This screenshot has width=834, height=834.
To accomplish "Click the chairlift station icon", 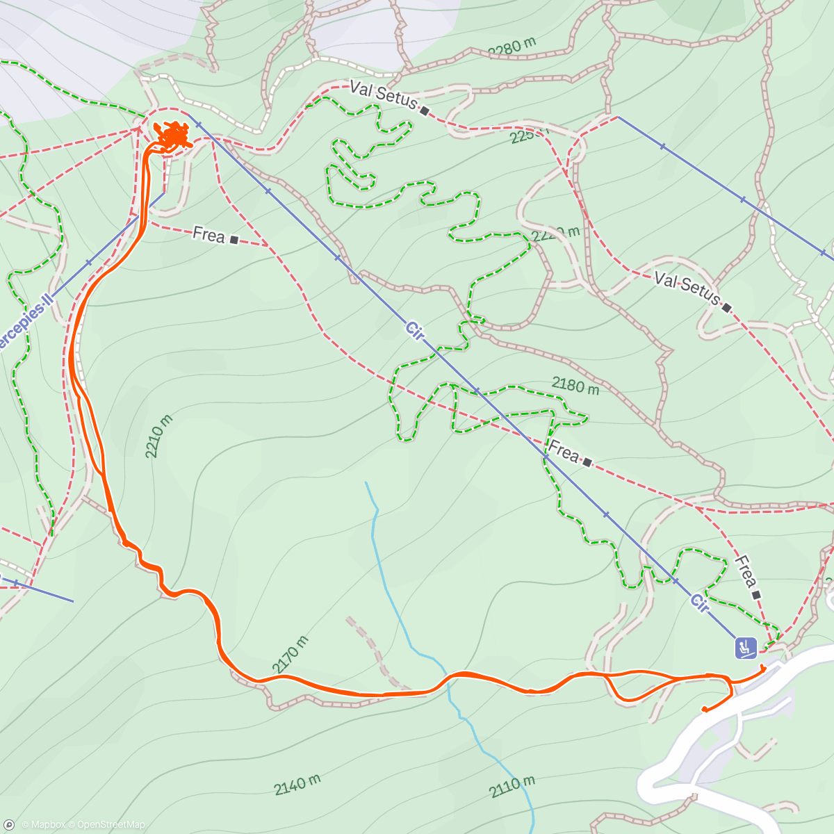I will click(x=746, y=648).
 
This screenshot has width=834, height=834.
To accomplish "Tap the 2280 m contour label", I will click(x=512, y=47).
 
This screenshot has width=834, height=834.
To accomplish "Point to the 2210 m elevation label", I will click(x=159, y=436).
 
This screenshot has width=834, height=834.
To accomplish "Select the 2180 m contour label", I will click(x=575, y=386).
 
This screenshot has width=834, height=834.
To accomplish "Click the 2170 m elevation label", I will click(x=291, y=655).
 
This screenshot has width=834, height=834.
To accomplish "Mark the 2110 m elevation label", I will click(x=512, y=787).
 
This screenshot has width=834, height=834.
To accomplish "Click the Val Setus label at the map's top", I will click(x=383, y=95).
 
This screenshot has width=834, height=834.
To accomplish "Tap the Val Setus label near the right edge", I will click(x=687, y=288).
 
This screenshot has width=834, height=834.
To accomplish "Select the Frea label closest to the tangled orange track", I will click(x=208, y=235).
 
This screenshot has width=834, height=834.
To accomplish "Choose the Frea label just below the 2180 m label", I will click(x=563, y=453).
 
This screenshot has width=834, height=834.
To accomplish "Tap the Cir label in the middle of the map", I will click(x=415, y=330).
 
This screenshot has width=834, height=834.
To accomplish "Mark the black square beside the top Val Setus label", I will click(x=424, y=111).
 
